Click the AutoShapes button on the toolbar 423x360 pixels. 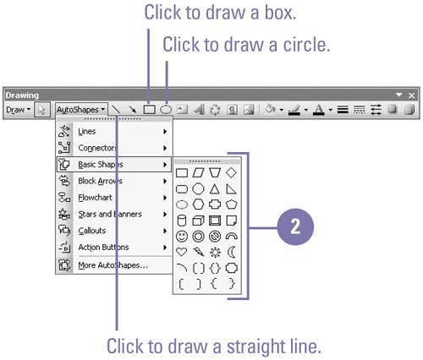point(81,109)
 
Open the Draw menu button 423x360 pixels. point(18,110)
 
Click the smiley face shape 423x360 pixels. point(182,237)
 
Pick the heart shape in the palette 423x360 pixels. point(181,252)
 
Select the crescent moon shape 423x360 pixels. point(231,252)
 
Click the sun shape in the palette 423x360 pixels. point(215,253)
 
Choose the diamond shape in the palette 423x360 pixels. point(231,172)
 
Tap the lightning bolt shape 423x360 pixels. point(198,252)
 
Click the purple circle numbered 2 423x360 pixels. point(295,226)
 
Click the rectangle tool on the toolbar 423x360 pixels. point(149,110)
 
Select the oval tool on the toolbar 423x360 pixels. point(166,110)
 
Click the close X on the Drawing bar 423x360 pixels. point(411,95)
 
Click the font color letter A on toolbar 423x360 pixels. point(319,110)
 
